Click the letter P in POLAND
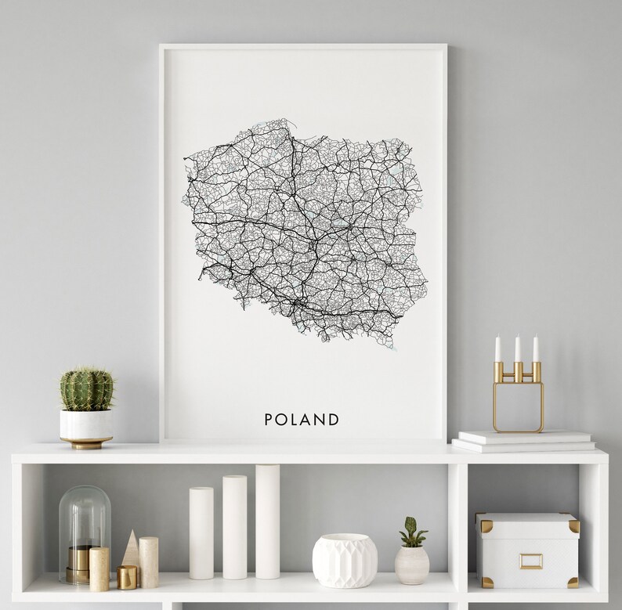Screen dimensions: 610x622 tap(269, 420)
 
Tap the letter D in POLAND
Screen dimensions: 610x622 tap(335, 420)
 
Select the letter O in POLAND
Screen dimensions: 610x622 tap(282, 420)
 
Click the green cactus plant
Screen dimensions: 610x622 tap(86, 389)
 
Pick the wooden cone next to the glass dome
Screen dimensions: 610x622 tap(131, 549)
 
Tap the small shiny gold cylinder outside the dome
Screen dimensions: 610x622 tap(127, 577)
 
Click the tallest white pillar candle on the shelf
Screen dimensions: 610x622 tap(267, 522)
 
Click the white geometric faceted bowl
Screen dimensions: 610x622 tap(345, 560)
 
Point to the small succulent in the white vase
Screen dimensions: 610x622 tap(413, 532)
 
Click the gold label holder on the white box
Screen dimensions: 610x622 tap(530, 561)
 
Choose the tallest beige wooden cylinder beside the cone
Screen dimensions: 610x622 tap(149, 561)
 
